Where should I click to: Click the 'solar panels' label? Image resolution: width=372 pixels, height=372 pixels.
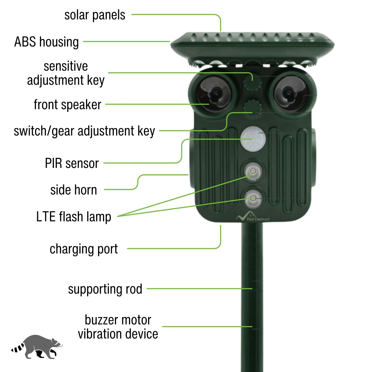coord(95,15)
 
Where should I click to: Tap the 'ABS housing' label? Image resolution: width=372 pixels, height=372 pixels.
coord(47,42)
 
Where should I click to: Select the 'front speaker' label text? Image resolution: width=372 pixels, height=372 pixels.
coord(67,105)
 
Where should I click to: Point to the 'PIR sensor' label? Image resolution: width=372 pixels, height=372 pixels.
coord(72,163)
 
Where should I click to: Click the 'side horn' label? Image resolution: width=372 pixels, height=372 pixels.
coord(74,190)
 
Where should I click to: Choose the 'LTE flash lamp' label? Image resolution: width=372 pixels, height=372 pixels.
coord(74,217)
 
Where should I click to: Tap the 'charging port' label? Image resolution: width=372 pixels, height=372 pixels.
coord(84,249)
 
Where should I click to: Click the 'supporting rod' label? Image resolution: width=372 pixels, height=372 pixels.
coord(105,289)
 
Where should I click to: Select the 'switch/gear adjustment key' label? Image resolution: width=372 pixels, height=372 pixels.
coord(84,131)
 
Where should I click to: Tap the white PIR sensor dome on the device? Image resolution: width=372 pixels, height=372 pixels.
coord(253,139)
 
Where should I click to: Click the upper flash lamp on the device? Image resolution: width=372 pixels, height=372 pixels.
coord(253,171)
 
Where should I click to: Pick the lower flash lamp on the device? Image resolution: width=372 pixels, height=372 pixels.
coord(253,198)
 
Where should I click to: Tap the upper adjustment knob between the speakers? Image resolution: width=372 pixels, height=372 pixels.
coord(252,82)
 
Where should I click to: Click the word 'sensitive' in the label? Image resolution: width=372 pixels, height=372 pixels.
coord(66,66)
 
